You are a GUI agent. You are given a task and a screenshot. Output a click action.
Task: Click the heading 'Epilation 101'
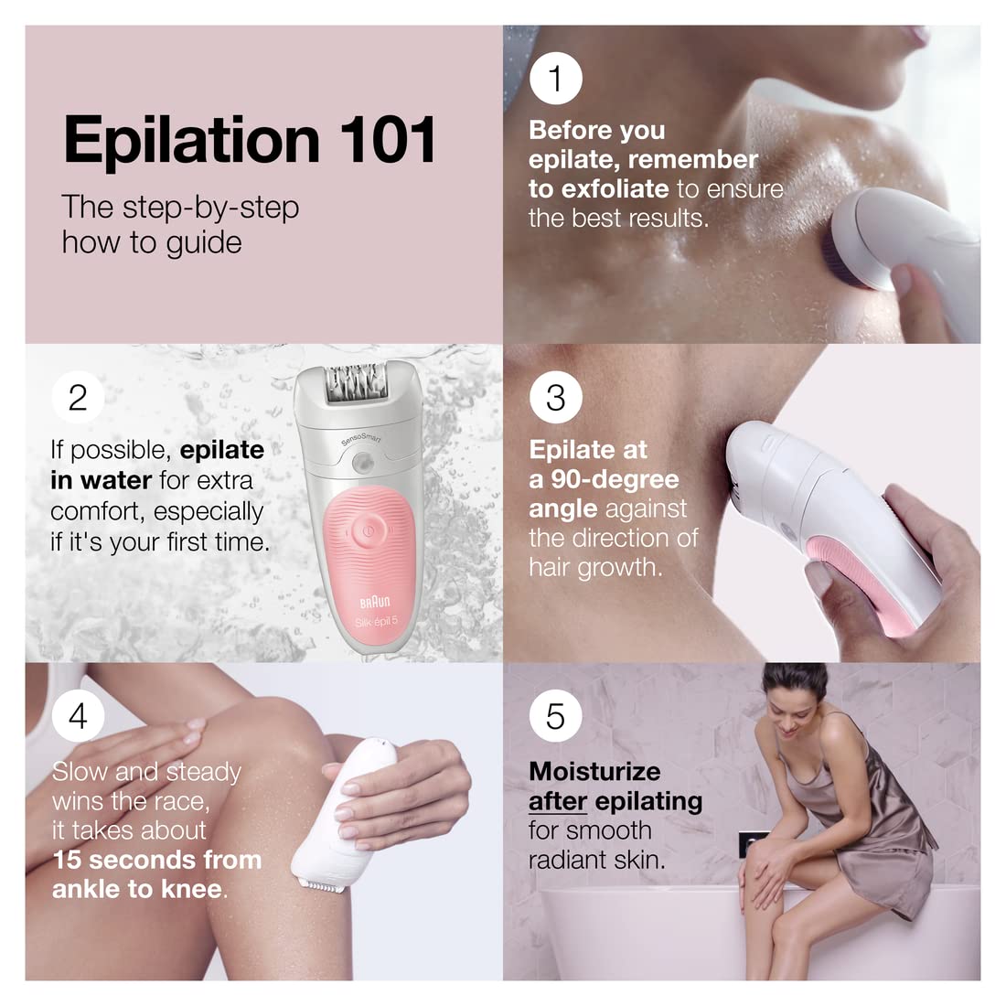tap(250, 140)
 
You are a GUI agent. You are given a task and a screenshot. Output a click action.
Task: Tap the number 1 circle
tap(555, 79)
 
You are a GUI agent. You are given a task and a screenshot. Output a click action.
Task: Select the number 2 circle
tap(78, 398)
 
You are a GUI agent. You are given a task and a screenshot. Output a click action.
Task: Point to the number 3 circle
tap(555, 398)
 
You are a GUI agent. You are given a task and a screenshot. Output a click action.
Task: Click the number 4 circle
tap(78, 716)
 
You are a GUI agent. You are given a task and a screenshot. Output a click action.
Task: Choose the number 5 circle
tap(555, 716)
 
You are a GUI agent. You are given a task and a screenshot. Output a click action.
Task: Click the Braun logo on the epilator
tap(375, 601)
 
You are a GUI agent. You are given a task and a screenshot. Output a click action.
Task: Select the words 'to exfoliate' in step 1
tap(599, 189)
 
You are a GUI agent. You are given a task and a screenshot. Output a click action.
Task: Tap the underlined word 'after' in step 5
tap(557, 801)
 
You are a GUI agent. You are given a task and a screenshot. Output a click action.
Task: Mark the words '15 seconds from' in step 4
tap(157, 860)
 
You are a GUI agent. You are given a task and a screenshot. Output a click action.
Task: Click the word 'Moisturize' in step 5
tap(594, 771)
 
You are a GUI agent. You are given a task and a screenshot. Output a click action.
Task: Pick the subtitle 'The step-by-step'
tap(180, 207)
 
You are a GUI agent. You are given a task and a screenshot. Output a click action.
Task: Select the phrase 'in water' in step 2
tap(101, 480)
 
